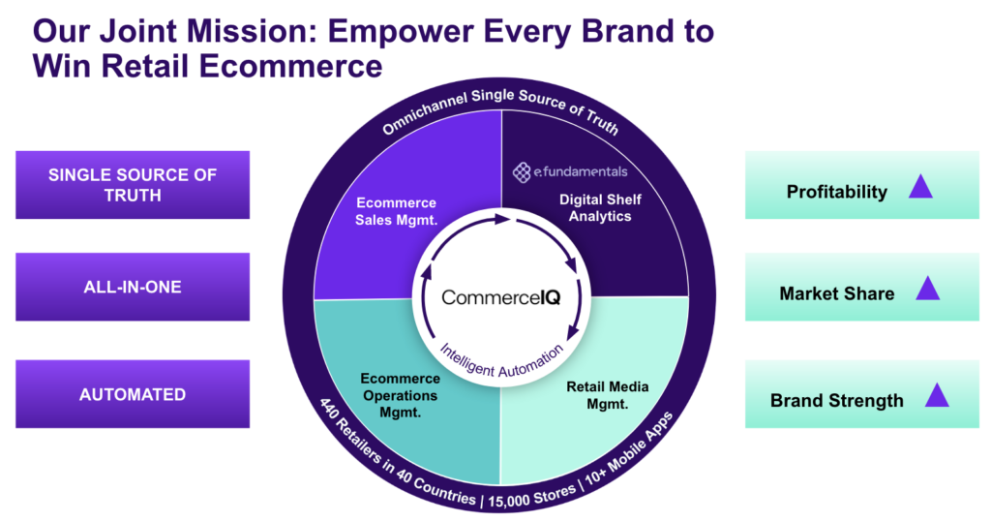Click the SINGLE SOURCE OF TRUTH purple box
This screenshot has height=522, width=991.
(x=133, y=185)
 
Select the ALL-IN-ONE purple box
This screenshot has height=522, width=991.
(x=133, y=287)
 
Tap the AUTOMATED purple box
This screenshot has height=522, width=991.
(x=133, y=394)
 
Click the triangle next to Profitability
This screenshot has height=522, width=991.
(x=920, y=187)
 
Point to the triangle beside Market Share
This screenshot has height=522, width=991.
(x=928, y=289)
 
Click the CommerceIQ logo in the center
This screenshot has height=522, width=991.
(x=501, y=297)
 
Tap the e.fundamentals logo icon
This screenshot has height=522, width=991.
(x=522, y=172)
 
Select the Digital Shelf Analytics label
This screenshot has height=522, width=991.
(x=600, y=207)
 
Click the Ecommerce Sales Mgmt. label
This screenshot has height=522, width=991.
(x=396, y=211)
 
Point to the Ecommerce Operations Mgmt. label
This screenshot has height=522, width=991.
(x=400, y=395)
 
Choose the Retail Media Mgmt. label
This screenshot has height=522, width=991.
(x=608, y=395)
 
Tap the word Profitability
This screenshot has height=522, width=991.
(x=837, y=192)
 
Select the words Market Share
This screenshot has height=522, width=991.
(x=837, y=293)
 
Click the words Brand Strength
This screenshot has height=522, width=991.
(x=837, y=401)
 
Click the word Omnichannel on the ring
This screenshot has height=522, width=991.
(x=424, y=112)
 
